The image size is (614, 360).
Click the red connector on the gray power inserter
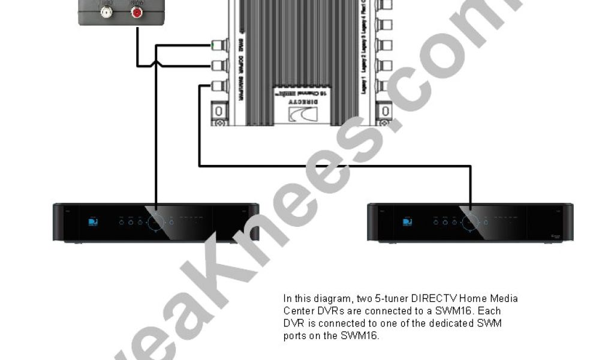tap(139, 12)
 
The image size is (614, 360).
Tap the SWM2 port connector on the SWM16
tap(221, 45)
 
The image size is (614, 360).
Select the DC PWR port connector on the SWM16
tap(221, 65)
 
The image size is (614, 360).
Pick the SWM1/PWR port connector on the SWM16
tap(220, 86)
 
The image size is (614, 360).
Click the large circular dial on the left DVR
tap(155, 222)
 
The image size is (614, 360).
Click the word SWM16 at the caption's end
tap(366, 336)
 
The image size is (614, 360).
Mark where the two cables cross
tap(155, 65)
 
